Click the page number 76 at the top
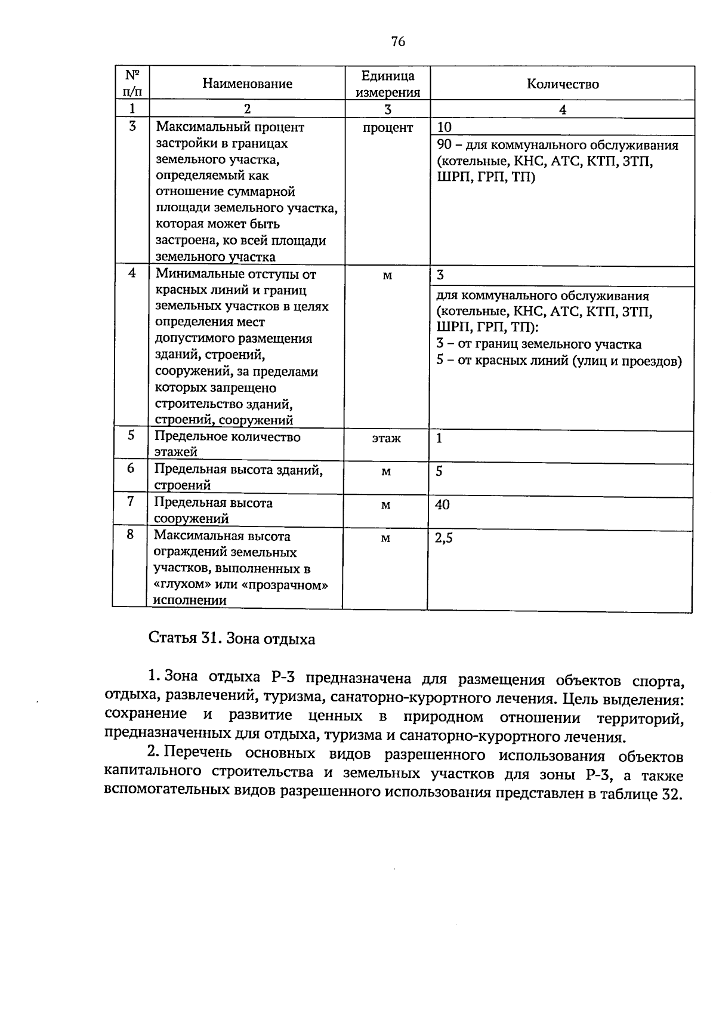pos(398,41)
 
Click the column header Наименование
pos(247,84)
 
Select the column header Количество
pos(562,84)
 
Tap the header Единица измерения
pos(388,84)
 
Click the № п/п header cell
pos(132,83)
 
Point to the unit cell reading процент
pos(388,128)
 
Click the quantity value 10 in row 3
pos(445,127)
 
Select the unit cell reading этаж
pos(386,439)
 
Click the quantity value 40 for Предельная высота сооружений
pos(442,505)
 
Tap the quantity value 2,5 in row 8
pos(444,538)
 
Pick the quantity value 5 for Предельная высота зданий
pos(439,472)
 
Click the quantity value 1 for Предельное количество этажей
pos(439,439)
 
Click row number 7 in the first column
pos(131,501)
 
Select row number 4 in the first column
pos(132,273)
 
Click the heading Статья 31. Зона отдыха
pos(232,639)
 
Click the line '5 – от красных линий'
pos(558,361)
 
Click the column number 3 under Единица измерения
pos(388,109)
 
